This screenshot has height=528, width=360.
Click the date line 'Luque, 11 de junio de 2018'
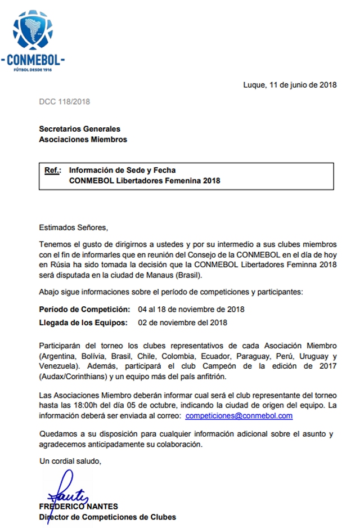coord(290,85)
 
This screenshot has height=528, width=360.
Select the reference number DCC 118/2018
coord(64,102)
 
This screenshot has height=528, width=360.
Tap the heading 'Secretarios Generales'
coord(79,129)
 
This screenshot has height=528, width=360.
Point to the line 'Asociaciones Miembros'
coord(83,139)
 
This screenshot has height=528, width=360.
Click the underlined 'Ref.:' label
coord(52,169)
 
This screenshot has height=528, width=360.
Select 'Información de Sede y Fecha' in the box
coord(123,169)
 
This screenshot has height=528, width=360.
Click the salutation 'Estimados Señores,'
coord(73,227)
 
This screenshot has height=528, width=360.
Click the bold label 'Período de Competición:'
coord(84,310)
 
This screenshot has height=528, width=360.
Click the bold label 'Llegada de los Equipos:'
coord(83,323)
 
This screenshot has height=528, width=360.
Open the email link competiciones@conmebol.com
coord(238,415)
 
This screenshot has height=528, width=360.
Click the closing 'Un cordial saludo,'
coord(70,462)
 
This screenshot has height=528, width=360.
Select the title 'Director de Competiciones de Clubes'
coord(107,517)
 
